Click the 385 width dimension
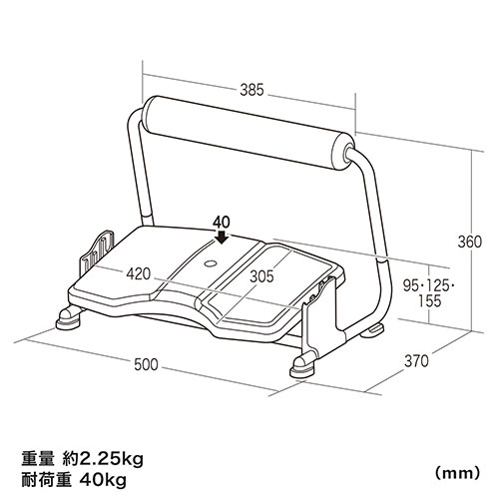[x=252, y=90]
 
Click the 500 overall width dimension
[x=147, y=365]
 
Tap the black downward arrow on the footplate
[x=220, y=238]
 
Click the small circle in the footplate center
[x=211, y=263]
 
